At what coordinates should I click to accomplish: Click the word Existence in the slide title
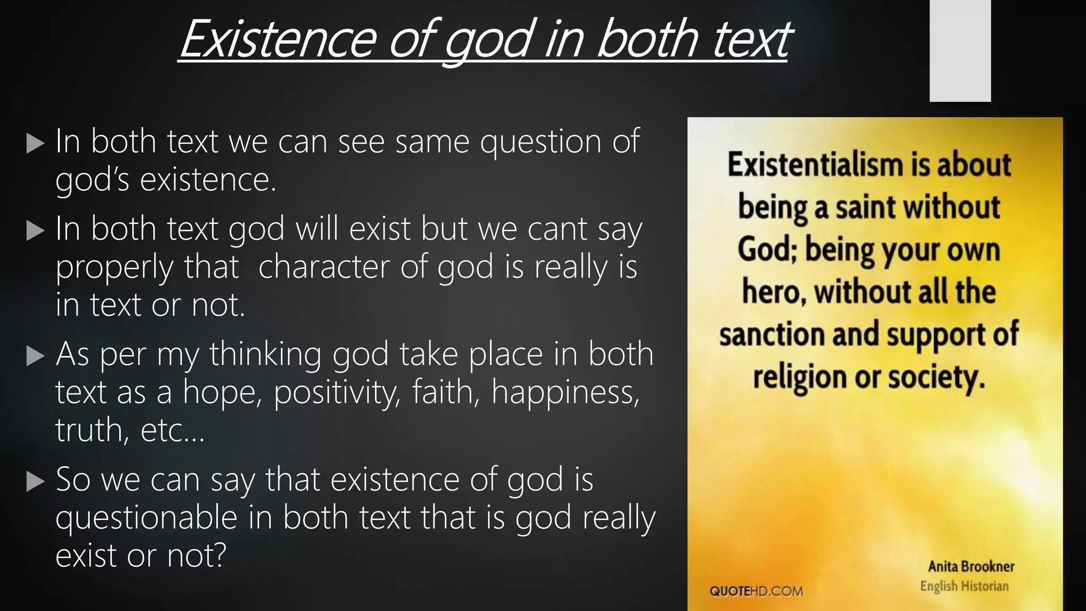pos(278,39)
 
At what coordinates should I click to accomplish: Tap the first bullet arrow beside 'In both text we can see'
pos(35,143)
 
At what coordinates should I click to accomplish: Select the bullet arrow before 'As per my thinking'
pos(35,356)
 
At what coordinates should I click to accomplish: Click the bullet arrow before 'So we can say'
pos(35,482)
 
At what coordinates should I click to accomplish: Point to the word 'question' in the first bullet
pos(541,142)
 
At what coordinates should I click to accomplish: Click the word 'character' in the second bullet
pos(324,267)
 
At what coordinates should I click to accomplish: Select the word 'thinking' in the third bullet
pos(265,354)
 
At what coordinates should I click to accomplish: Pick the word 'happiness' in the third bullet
pos(565,393)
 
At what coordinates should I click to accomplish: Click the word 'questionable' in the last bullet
pos(146,518)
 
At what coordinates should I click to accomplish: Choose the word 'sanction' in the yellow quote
pos(772,335)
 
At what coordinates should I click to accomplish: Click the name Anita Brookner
pos(970,566)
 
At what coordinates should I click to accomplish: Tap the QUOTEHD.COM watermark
pos(756,591)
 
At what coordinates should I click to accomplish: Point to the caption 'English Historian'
pos(964,586)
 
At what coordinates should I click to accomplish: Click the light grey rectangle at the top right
pos(960,50)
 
